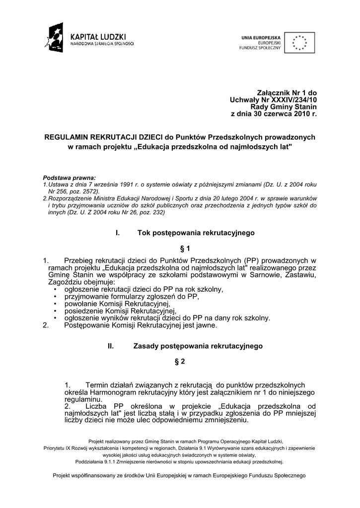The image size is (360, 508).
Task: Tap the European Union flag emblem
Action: click(299, 43)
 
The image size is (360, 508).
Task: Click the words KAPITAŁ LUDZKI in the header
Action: click(98, 37)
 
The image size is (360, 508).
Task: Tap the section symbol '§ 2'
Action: click(180, 362)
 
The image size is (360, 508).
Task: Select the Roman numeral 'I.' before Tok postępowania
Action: click(118, 232)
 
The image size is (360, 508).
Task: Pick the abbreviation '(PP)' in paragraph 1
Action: click(253, 260)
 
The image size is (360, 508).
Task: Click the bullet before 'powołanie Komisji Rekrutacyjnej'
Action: click(54, 304)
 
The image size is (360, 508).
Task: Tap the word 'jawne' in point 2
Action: click(206, 326)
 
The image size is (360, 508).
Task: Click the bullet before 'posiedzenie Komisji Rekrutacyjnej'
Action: click(54, 311)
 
